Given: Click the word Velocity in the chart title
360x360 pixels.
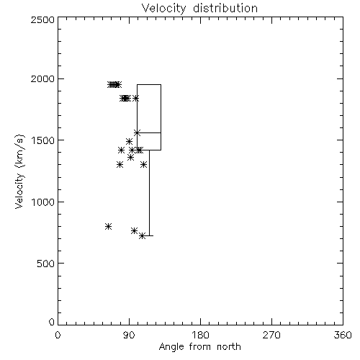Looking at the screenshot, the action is coord(163,9).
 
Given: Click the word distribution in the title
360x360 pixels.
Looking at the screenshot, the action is coord(225,8).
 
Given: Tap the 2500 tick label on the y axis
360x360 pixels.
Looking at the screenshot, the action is coord(42,19).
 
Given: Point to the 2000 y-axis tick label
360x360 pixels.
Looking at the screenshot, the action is coord(42,78).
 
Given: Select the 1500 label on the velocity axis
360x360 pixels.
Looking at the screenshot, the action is coord(43,140).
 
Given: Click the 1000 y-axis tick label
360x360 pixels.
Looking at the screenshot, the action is coord(43,202).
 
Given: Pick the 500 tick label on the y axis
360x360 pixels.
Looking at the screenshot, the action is coord(46,264).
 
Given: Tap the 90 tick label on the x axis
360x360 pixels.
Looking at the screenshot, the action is coord(129,335).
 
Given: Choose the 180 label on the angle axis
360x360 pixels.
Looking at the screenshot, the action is coord(200,335).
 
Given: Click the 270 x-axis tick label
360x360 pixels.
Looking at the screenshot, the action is coord(271,335).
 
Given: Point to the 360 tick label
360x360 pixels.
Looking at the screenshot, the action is coord(343,335).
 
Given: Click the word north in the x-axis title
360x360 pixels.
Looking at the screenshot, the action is coord(229,347).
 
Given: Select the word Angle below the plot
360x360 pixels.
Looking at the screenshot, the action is coord(171,347).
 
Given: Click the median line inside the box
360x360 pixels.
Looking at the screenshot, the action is coord(149,132).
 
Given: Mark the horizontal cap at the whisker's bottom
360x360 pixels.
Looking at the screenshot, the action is coord(148,236).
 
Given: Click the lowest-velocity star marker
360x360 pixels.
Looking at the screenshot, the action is coord(143,236).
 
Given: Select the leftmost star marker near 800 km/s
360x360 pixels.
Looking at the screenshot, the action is coord(108,226).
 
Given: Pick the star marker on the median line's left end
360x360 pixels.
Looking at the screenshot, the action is coord(137,132).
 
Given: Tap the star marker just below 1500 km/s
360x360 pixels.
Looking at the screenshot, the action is coord(129,141).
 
